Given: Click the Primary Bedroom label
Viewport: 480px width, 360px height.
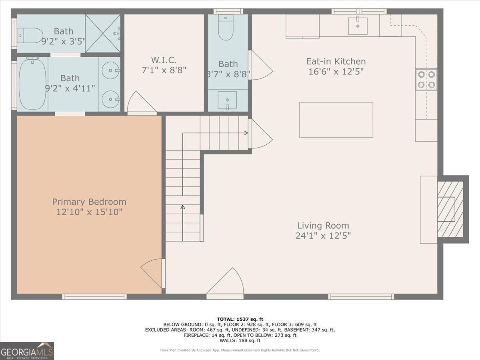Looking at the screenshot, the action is (x=89, y=202).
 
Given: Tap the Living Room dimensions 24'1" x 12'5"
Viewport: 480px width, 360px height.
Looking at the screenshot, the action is (x=323, y=236).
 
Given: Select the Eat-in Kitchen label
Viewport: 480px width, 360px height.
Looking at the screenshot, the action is (x=336, y=62).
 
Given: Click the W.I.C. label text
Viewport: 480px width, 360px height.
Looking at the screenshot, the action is (x=164, y=60).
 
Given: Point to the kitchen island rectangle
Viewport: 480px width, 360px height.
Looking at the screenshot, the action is (x=336, y=120).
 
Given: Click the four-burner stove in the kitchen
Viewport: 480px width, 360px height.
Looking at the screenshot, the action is (x=426, y=80).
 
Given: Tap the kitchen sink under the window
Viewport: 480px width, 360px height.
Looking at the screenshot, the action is (x=358, y=26).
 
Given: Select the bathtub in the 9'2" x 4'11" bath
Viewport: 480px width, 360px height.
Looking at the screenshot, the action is (x=32, y=84).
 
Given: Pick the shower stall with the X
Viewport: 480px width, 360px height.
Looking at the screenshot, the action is (x=102, y=34).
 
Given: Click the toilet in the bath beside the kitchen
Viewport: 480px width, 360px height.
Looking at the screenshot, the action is (x=226, y=27).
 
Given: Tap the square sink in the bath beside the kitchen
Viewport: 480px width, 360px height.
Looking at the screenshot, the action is (x=227, y=100).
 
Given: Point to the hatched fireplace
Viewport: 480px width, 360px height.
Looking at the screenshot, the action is (x=450, y=209).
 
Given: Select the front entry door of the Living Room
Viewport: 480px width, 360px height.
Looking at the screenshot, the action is (x=225, y=283).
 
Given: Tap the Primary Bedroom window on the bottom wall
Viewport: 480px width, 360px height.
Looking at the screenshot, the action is (x=94, y=297).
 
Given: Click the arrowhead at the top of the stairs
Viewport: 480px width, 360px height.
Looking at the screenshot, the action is (x=246, y=133).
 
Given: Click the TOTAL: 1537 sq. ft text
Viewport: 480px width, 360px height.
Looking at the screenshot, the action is (x=240, y=319).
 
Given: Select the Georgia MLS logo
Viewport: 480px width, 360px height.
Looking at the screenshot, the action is (x=27, y=351).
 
